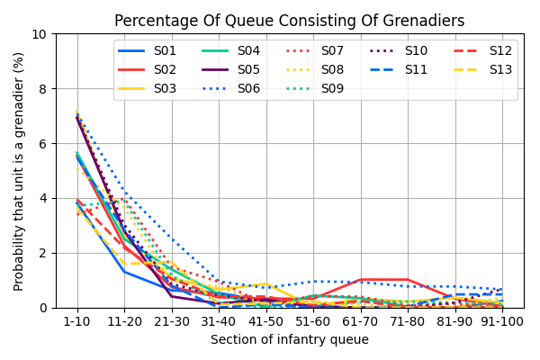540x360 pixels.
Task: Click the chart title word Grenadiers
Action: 421,22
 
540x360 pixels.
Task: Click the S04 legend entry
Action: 249,50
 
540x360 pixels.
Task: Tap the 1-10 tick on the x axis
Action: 76,321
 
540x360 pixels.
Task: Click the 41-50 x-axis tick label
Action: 265,321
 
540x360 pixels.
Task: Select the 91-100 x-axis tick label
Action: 501,321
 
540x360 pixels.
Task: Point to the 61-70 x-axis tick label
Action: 360,321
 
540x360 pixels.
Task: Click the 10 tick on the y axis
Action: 41,34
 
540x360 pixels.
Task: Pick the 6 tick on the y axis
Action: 45,144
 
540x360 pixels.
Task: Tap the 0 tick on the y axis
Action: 45,308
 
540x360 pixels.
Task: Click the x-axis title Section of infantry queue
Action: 290,340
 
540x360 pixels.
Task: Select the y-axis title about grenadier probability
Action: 19,171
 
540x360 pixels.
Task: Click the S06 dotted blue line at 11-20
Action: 124,191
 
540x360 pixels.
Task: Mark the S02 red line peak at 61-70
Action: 360,280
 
